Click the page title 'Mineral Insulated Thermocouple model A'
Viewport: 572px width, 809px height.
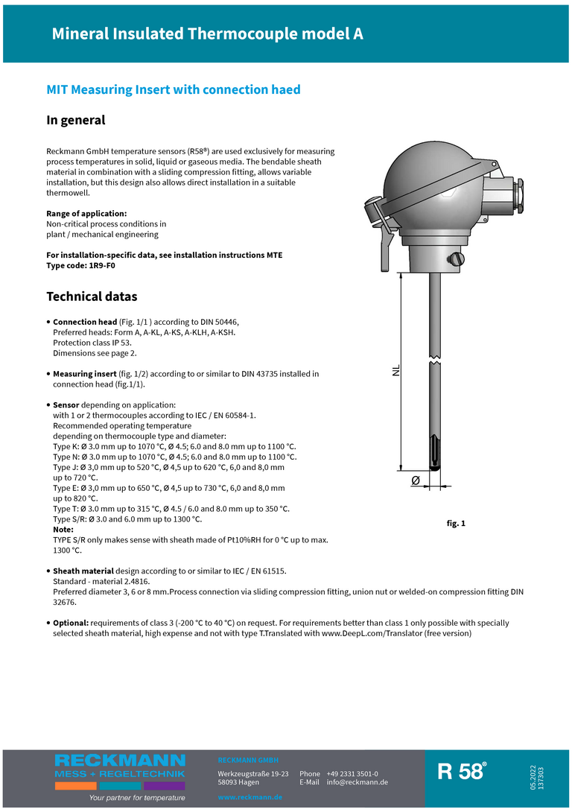coord(207,34)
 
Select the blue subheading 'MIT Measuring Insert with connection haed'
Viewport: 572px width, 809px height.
coord(174,89)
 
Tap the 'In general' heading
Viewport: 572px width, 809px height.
coord(76,120)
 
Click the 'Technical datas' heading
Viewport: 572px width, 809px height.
coord(92,296)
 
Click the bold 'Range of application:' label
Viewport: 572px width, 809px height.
coord(86,213)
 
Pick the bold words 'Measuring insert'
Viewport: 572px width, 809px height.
coord(84,373)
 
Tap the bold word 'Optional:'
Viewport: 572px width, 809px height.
coord(72,622)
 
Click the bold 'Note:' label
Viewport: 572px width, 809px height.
coord(63,529)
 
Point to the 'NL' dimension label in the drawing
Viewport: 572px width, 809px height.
coord(395,369)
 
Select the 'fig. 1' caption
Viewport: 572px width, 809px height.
coord(455,524)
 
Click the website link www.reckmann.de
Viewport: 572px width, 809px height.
coord(250,797)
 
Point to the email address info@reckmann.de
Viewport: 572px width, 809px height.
coord(357,782)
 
